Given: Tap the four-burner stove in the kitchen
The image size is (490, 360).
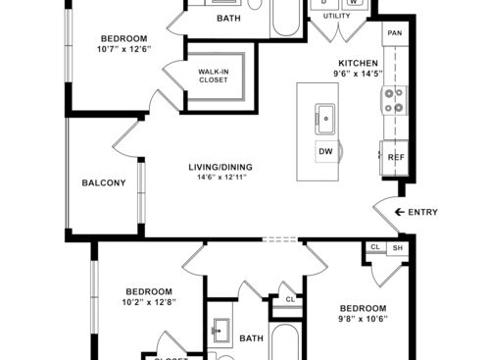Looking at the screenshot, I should coord(394,100).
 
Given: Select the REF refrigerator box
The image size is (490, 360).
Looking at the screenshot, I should coord(395,157).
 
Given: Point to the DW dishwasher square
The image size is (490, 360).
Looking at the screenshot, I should coord(324,152).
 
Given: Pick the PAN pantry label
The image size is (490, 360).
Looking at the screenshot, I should coord(394,33).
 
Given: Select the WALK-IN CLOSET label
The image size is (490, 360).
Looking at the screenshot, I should coord(214,76).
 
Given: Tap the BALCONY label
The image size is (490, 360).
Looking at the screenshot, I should coord(103,183).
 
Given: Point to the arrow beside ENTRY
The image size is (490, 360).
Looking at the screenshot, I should coord(399,212).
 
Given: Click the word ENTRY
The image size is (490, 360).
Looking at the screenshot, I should coord(423,212).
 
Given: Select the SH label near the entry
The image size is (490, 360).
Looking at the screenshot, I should coord(397,248).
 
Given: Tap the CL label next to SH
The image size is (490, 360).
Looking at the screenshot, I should coord(375,248).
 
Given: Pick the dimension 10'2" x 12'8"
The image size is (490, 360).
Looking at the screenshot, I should coord(149,303).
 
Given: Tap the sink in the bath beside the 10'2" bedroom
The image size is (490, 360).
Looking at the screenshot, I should coord(220,330).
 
